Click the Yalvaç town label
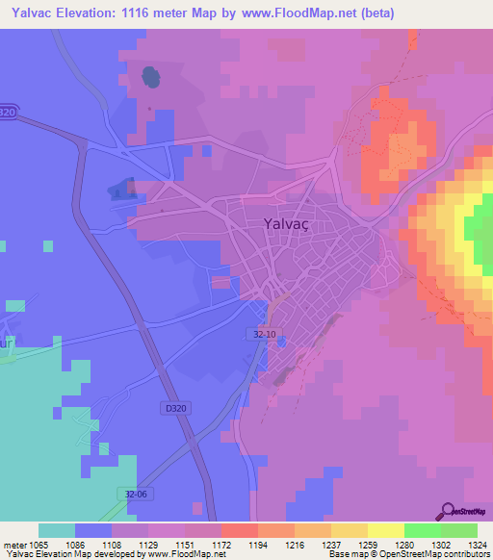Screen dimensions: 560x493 [287, 223]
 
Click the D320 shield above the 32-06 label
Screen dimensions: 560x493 [173, 408]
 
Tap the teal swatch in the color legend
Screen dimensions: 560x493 [57, 530]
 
